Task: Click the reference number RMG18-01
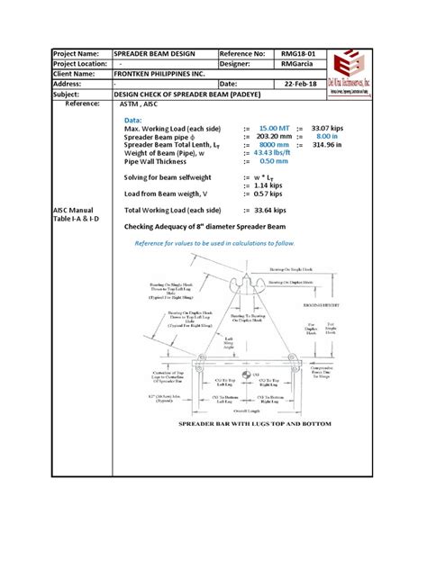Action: (x=298, y=55)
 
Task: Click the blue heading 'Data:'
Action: (x=132, y=120)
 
